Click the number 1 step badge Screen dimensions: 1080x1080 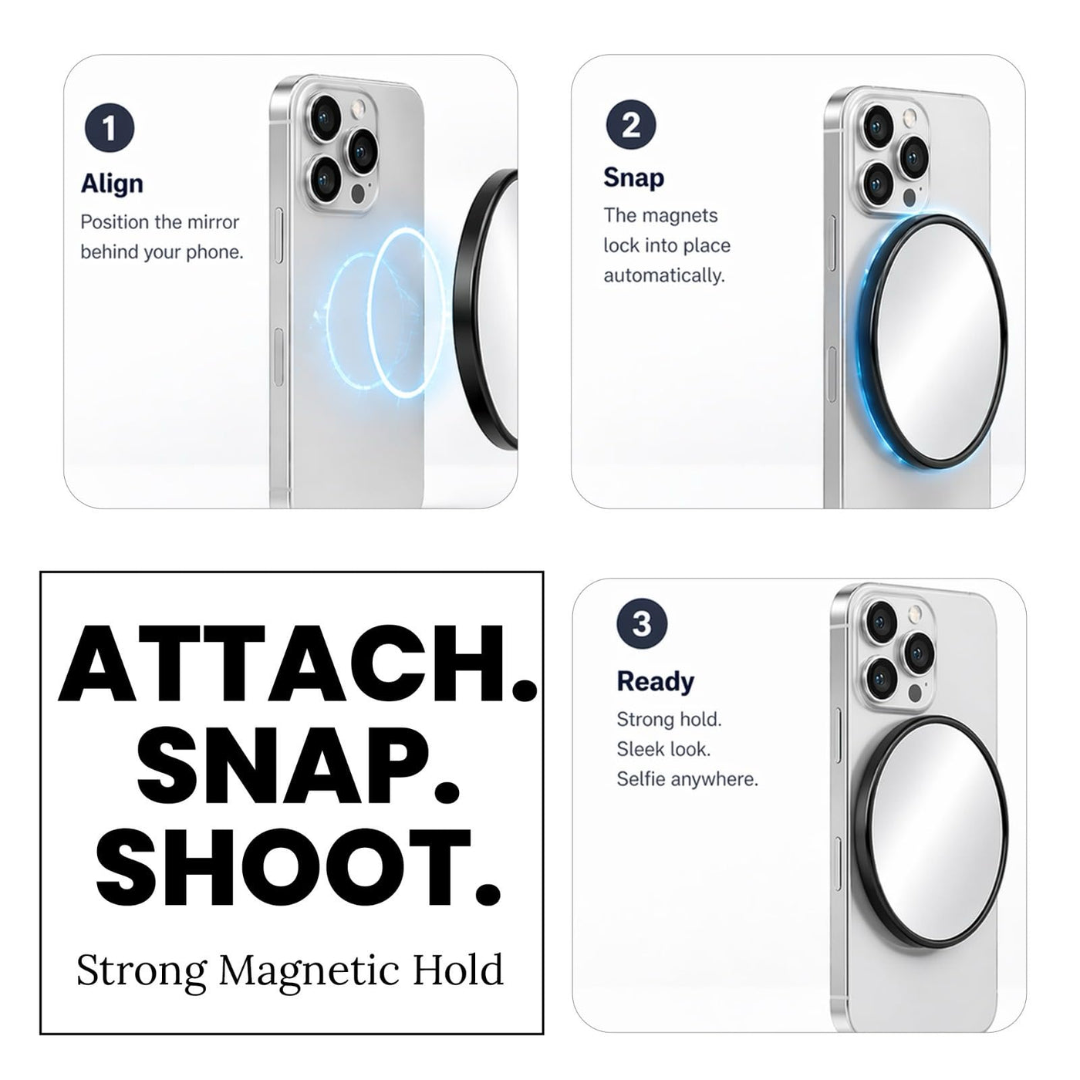(110, 128)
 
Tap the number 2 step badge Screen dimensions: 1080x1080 (631, 124)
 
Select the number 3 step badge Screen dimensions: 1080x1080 (642, 623)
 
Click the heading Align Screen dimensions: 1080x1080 (112, 184)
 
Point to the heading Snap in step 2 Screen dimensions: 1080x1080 (634, 178)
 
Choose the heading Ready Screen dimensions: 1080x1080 (655, 682)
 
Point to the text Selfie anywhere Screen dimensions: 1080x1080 (687, 779)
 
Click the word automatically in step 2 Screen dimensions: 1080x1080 (664, 275)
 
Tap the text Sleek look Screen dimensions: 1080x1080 (663, 749)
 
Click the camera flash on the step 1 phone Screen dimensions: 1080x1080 (358, 110)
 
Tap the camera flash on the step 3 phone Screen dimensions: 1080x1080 (915, 612)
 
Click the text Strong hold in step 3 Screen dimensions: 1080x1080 (669, 720)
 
